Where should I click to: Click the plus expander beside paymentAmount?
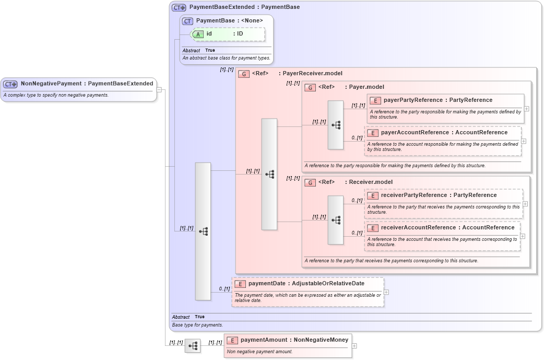pyautogui.click(x=354, y=345)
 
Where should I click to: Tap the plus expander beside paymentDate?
pyautogui.click(x=386, y=292)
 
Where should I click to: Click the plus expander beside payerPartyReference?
pyautogui.click(x=527, y=109)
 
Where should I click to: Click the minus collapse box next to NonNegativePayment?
pyautogui.click(x=159, y=89)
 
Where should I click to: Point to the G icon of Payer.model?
pyautogui.click(x=310, y=87)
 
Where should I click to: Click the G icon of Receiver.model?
pyautogui.click(x=310, y=182)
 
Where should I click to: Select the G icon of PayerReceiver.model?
pyautogui.click(x=244, y=74)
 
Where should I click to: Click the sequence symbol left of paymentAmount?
pyautogui.click(x=193, y=345)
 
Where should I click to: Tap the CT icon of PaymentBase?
pyautogui.click(x=187, y=21)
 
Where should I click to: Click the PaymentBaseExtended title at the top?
pyautogui.click(x=244, y=7)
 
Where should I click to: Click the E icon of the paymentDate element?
pyautogui.click(x=240, y=284)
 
